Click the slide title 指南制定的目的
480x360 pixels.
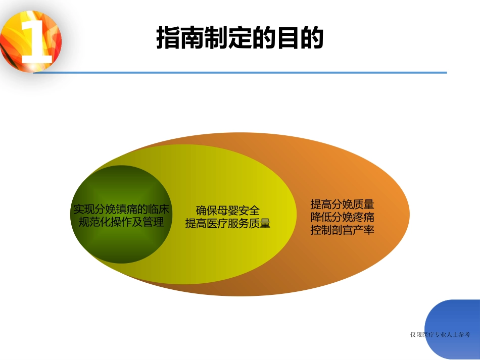coord(239,38)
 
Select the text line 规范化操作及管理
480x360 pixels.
coord(121,222)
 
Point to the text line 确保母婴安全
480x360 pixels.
coord(228,211)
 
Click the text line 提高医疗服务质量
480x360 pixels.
coord(228,223)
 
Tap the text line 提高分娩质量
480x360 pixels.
coord(342,204)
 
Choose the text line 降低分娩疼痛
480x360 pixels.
coord(342,217)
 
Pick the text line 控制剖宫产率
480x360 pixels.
coord(342,230)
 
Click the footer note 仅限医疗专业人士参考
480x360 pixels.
coord(441,334)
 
